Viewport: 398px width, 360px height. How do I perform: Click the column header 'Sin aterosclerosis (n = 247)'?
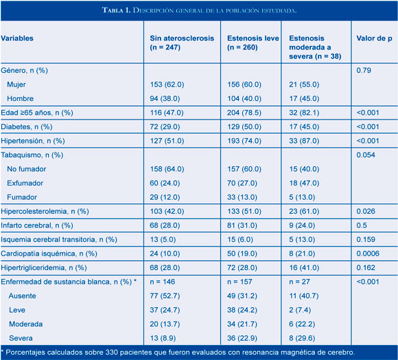point(182,43)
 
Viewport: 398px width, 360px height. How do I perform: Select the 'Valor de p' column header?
point(374,38)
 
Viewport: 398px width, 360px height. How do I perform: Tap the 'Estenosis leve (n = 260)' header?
point(253,43)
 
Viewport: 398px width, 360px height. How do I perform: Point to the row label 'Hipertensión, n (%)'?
point(33,141)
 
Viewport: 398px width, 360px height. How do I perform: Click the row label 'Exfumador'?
point(25,183)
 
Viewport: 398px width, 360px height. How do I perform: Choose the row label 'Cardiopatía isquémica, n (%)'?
point(49,254)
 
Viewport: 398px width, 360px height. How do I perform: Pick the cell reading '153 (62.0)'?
point(167,85)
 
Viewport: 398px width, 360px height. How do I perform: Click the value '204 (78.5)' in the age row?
point(244,113)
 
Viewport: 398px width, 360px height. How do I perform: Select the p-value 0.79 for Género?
point(364,70)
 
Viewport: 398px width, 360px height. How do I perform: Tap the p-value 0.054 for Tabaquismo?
point(366,155)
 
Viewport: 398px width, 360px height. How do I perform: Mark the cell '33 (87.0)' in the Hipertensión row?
point(304,141)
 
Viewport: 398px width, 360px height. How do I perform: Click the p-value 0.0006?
point(368,254)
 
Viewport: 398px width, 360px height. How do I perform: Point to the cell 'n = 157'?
point(239,282)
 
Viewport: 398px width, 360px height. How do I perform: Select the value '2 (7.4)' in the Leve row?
point(300,310)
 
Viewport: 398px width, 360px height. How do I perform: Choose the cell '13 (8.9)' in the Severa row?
point(163,338)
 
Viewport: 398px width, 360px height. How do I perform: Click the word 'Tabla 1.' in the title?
point(116,10)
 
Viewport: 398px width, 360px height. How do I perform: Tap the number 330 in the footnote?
point(110,352)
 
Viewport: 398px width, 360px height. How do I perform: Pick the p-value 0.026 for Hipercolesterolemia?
point(366,212)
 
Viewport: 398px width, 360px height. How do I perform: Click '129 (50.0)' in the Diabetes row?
point(244,127)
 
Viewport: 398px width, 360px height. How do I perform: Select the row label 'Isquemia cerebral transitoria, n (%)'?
point(59,240)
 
